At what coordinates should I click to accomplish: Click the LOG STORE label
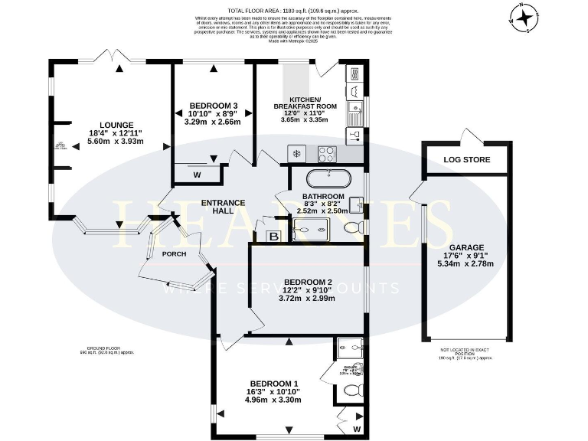[x=466, y=160]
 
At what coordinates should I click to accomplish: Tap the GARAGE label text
[x=465, y=247]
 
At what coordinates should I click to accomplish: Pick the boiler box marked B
[x=273, y=237]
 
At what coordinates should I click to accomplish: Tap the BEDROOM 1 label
[x=273, y=383]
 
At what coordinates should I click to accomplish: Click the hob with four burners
[x=328, y=153]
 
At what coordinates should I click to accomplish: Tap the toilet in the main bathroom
[x=354, y=227]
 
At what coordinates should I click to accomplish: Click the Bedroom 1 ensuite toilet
[x=351, y=390]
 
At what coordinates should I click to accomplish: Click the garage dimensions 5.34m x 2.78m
[x=465, y=264]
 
